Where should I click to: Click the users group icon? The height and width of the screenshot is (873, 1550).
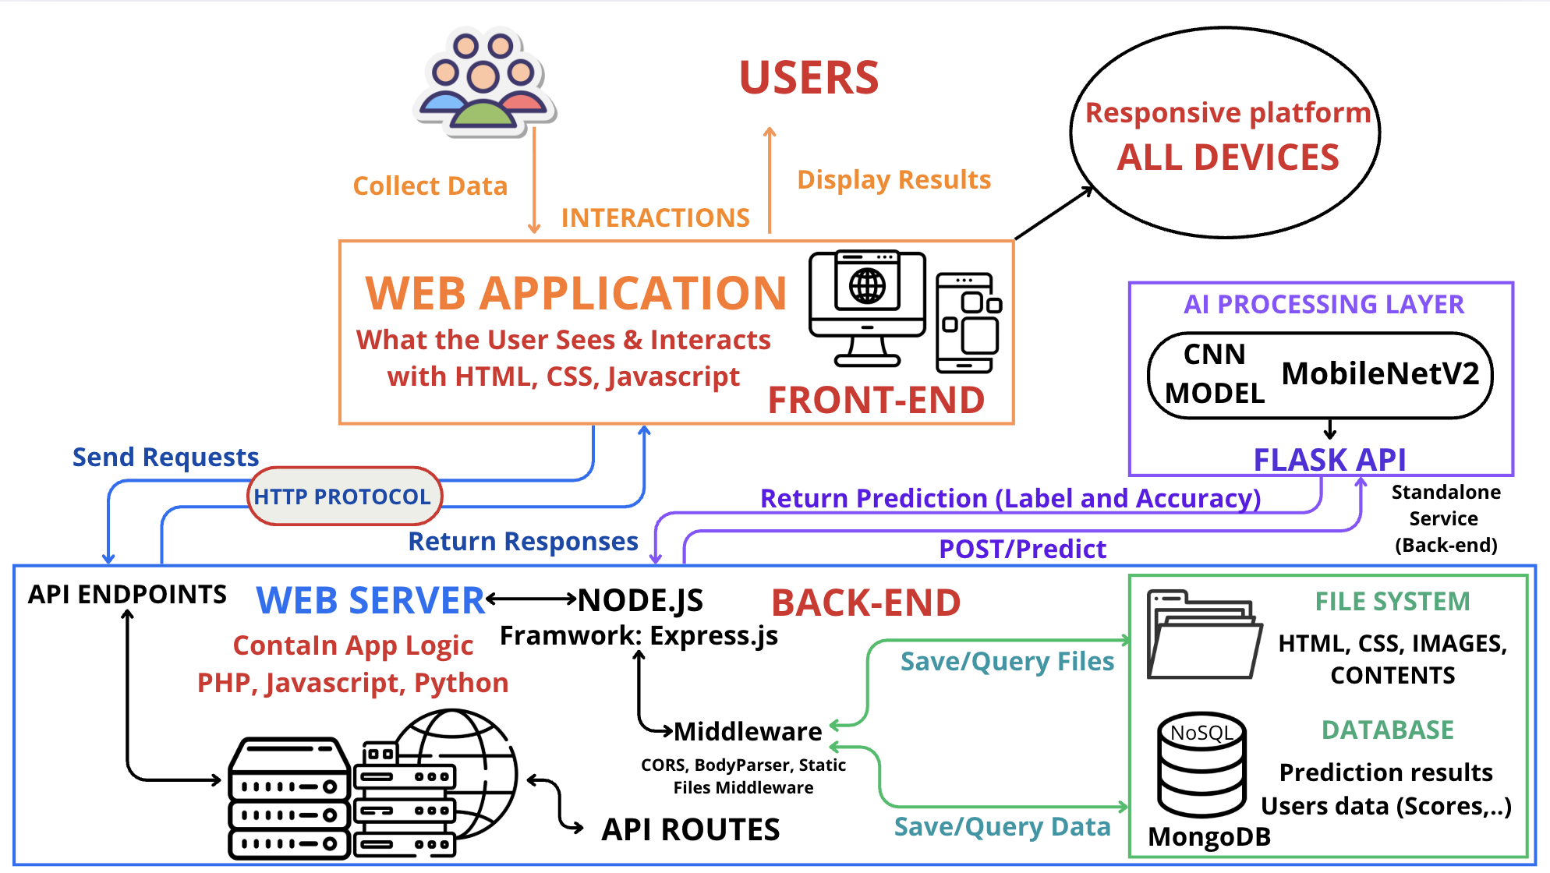point(484,81)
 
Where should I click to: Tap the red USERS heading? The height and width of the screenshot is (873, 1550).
point(809,78)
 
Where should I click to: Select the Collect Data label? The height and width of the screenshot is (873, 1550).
point(430,186)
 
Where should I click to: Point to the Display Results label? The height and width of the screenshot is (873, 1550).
point(894,180)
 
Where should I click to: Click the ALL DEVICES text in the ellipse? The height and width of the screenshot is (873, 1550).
point(1228,157)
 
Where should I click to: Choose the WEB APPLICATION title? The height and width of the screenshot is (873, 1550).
point(575,294)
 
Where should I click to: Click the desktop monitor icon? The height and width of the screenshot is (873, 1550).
point(867,307)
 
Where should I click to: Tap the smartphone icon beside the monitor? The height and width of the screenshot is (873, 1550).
point(968,323)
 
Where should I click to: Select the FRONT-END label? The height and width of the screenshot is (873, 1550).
point(876,401)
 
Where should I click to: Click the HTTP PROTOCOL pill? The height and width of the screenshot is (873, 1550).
point(344,497)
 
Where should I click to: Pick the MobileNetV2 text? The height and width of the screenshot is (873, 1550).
point(1380,374)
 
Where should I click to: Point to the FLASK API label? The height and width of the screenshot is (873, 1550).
point(1329,460)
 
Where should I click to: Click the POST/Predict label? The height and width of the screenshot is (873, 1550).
point(1022,550)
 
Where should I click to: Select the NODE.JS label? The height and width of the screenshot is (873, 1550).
point(641,600)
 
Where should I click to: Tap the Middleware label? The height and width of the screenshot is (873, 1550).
point(747,731)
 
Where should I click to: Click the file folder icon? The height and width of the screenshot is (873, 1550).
point(1203,635)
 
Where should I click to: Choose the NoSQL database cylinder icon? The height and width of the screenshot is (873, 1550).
point(1201,763)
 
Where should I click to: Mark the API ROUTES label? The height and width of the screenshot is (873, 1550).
point(690,830)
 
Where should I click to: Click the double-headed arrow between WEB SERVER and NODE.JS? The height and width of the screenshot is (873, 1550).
point(531,599)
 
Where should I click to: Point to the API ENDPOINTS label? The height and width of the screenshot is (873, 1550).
point(127,595)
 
